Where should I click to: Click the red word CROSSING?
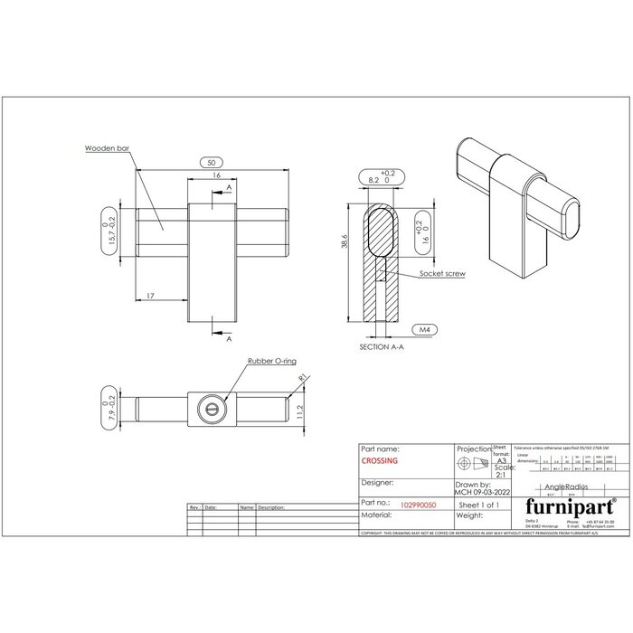click(380, 460)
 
